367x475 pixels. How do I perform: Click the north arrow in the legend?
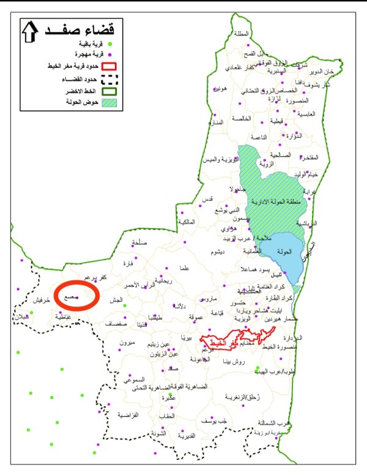click(29, 32)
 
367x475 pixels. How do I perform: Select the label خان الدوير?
click(339, 72)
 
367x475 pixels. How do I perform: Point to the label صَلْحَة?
click(139, 244)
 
